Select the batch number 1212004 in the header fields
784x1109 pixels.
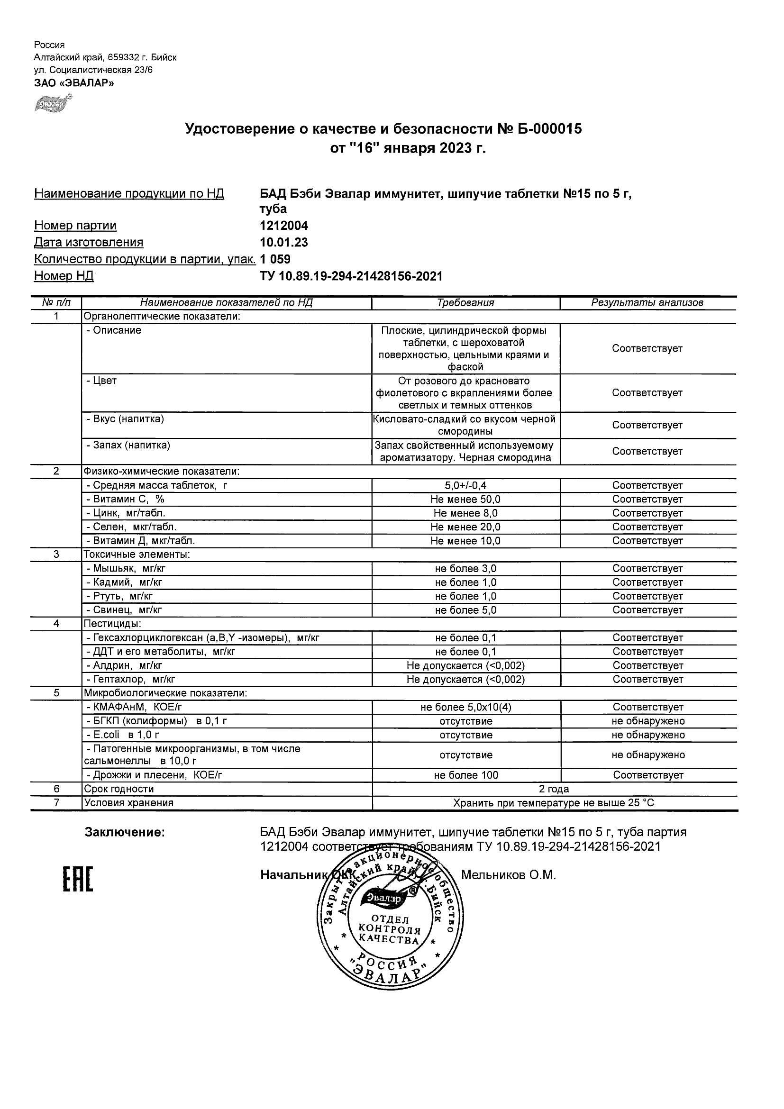tap(283, 226)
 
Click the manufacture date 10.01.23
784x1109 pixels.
tap(283, 243)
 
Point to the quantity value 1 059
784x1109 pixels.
tap(275, 259)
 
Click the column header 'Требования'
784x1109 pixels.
tap(465, 303)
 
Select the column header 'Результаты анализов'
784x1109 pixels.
tap(647, 303)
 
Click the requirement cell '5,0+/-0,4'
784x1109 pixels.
tap(465, 485)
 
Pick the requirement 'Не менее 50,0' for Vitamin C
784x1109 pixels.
tap(465, 500)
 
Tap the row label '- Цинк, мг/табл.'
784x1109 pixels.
tap(126, 513)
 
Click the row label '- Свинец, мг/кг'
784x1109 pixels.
tap(124, 610)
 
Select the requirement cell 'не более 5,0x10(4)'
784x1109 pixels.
tap(465, 708)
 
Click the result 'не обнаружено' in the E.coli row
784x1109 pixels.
tap(648, 735)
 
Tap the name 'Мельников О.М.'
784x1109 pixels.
tap(508, 875)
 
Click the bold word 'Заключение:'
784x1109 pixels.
tap(125, 832)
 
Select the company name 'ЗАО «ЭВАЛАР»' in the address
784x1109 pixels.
tap(74, 82)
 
